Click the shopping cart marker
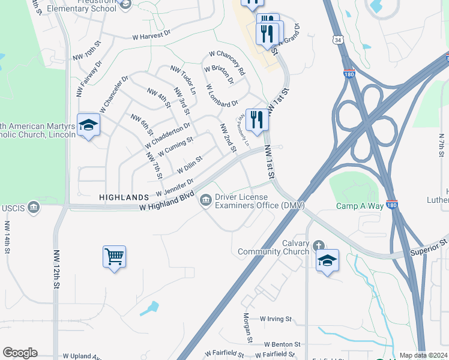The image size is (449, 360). coord(114,257)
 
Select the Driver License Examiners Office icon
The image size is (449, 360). coord(206,199)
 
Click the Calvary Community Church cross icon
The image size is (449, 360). coord(318,245)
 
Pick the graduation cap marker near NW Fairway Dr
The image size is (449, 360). coord(88,125)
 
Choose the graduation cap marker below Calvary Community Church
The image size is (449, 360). coord(327,260)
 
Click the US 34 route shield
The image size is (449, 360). coord(338,39)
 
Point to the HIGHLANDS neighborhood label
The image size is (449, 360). coord(124,197)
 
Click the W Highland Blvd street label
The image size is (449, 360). coord(167,201)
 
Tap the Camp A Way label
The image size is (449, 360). coord(359,206)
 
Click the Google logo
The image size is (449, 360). coord(20,353)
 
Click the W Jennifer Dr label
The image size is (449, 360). coord(175,187)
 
